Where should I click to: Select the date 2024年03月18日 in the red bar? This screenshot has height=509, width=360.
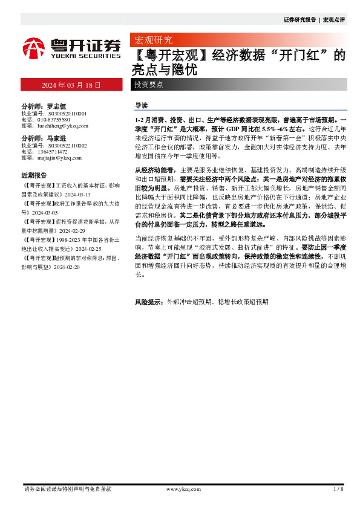(71, 85)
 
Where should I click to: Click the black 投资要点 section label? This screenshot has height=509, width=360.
(148, 85)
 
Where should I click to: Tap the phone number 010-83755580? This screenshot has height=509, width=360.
(55, 120)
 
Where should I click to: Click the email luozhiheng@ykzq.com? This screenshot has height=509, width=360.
(63, 126)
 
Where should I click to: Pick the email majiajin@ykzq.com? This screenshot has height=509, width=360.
(61, 158)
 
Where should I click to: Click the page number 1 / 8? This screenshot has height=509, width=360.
(338, 489)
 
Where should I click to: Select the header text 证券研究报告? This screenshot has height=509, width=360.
(299, 20)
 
